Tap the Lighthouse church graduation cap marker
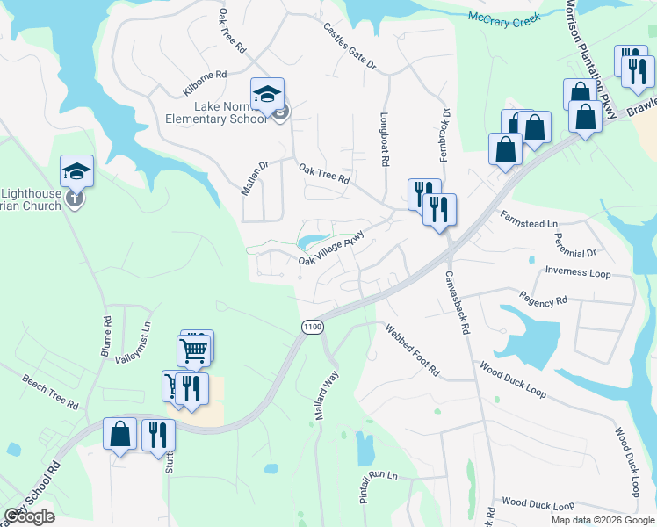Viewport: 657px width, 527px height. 76,170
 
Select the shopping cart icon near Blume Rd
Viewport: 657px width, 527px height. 196,350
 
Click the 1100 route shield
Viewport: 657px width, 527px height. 312,327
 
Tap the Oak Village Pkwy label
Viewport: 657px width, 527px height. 331,249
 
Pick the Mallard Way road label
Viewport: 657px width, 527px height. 326,396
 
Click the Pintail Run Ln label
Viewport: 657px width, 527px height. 379,487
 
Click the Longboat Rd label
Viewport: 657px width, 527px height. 384,139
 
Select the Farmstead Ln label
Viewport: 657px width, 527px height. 529,220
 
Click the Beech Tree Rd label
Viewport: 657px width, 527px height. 50,393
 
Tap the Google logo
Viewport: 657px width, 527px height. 29,516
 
